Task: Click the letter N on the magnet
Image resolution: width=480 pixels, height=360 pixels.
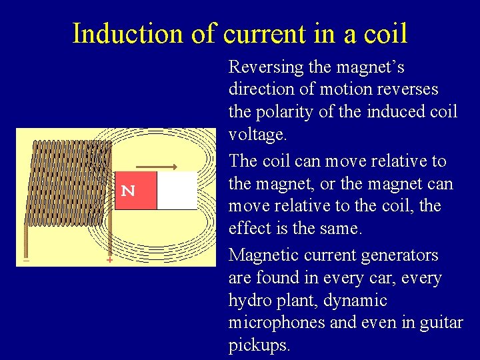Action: click(x=129, y=191)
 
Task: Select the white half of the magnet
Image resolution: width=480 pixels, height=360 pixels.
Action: click(x=177, y=191)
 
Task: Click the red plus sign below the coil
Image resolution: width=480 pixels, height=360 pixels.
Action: click(x=109, y=260)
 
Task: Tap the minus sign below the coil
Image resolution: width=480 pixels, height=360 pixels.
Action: click(x=26, y=260)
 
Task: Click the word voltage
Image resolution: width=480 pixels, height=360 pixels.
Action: click(x=256, y=134)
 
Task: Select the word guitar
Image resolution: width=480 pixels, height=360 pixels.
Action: click(x=441, y=323)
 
